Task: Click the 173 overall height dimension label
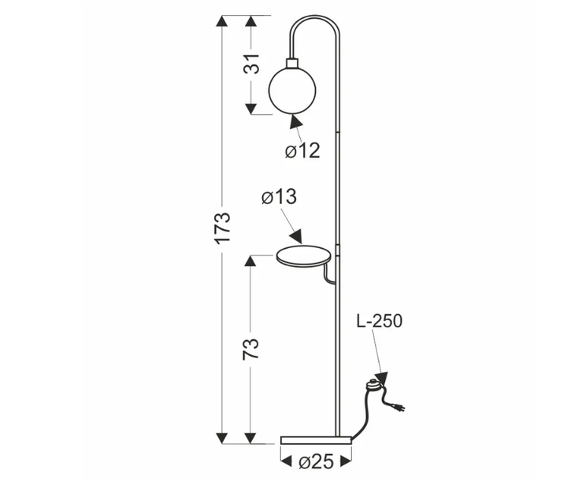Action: coord(223,228)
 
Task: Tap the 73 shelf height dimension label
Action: coord(251,349)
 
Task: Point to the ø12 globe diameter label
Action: coord(302,150)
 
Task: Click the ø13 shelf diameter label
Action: coord(279,197)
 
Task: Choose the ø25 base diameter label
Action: coord(317,461)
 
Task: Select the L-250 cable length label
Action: coord(380,321)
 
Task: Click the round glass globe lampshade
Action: coord(292,91)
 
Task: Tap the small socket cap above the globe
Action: coord(292,63)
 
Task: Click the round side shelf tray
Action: coord(303,256)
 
